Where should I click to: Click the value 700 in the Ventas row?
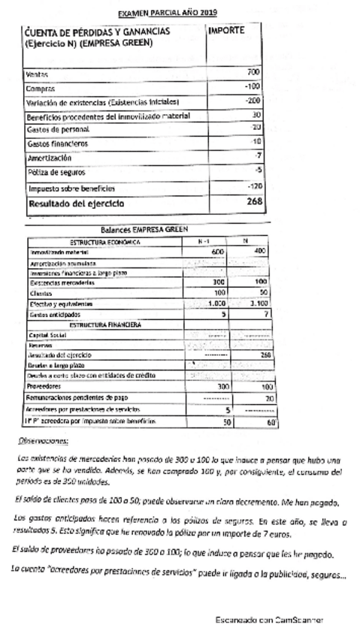pos(253,72)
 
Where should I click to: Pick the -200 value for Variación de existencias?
pos(253,101)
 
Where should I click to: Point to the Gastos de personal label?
pos(57,129)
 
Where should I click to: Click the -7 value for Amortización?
pos(257,155)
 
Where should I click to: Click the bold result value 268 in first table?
pos(253,201)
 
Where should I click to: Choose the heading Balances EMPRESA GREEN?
pos(144,230)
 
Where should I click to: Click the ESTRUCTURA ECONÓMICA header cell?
pos(100,242)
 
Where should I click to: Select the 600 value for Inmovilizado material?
pos(218,252)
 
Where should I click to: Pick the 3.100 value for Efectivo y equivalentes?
pos(258,303)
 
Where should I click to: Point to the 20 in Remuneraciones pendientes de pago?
pos(268,398)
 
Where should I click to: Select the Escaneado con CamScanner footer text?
pos(268,620)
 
